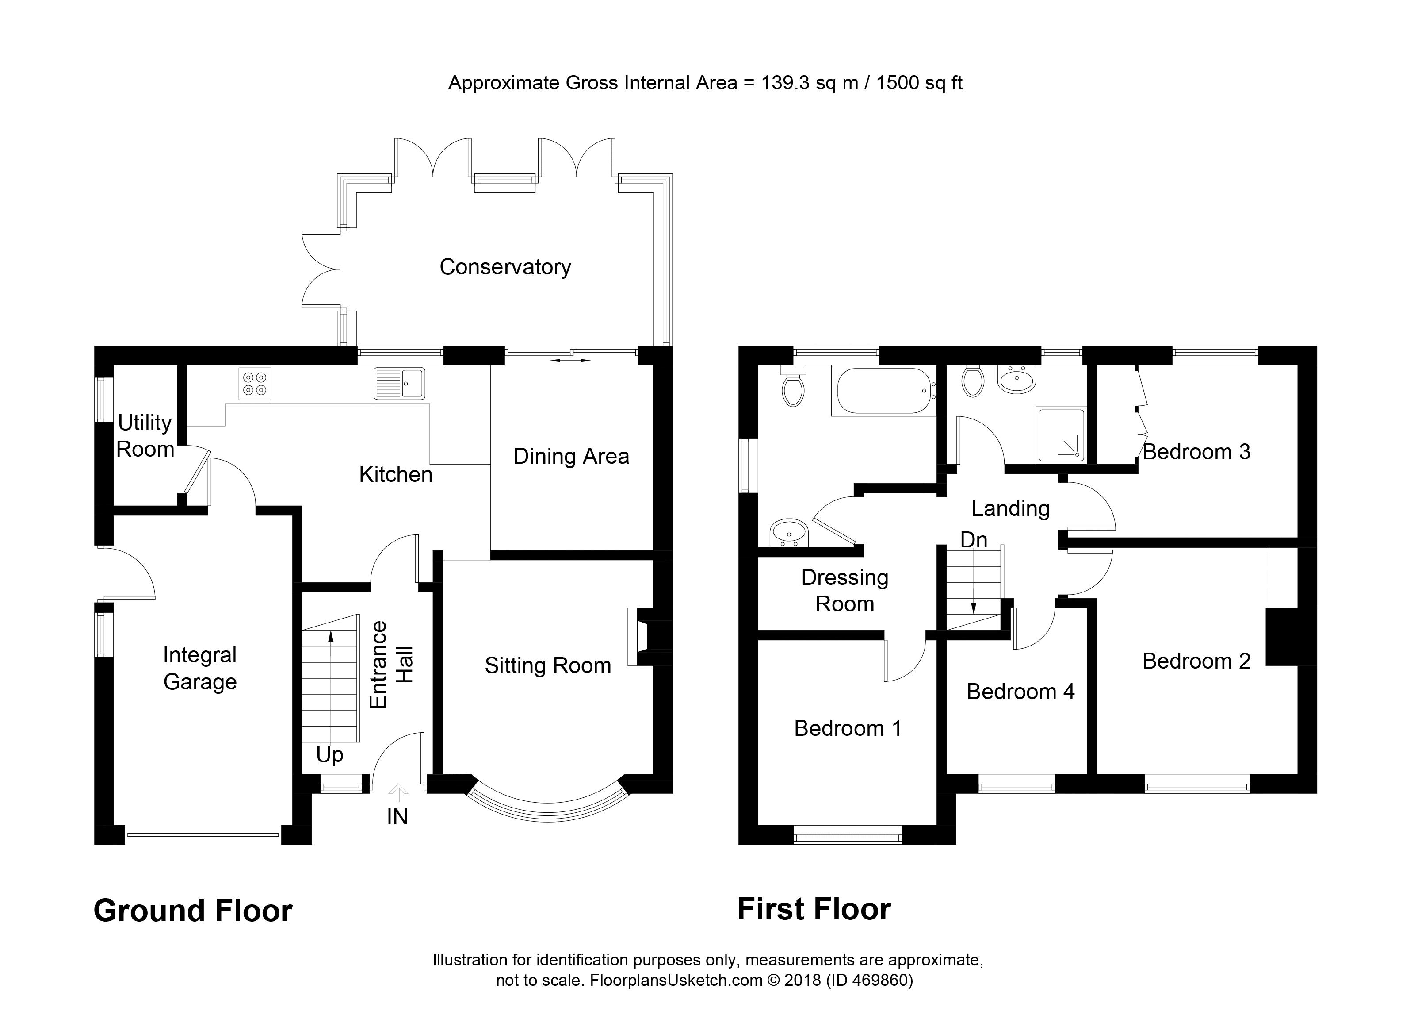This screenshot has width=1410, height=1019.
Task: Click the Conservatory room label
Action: (505, 267)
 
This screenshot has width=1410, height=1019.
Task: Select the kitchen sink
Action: (400, 383)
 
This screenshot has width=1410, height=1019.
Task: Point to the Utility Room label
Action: (145, 435)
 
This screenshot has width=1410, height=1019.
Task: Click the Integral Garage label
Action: (199, 668)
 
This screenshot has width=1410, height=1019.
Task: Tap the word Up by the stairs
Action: (329, 754)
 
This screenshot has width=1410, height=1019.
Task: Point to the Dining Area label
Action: (571, 457)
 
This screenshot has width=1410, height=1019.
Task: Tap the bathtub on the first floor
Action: (883, 391)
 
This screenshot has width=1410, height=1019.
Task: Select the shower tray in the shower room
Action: (1061, 435)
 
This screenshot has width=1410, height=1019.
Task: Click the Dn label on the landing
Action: (974, 539)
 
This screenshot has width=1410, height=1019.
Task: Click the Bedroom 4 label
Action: (1020, 692)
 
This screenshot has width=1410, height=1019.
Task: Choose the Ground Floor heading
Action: (193, 911)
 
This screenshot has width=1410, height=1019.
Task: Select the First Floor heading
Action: (814, 909)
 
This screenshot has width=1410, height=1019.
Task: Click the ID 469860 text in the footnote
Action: (869, 981)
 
